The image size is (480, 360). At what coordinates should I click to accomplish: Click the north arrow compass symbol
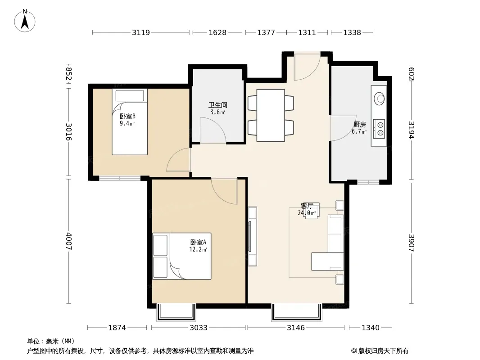(x=25, y=21)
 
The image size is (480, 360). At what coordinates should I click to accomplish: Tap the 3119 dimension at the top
(x=141, y=32)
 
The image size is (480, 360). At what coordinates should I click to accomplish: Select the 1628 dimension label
(x=217, y=32)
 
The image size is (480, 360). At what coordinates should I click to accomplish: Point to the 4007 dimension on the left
(x=69, y=241)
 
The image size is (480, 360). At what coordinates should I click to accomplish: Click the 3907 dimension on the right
(x=412, y=243)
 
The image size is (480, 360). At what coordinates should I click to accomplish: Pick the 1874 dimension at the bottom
(x=117, y=328)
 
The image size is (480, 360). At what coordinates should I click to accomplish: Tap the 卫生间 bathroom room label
(x=217, y=105)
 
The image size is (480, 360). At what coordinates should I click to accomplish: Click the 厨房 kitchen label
(x=360, y=125)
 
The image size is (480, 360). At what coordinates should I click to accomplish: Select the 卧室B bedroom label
(x=127, y=116)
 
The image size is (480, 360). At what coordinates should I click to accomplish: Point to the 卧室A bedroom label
(x=199, y=242)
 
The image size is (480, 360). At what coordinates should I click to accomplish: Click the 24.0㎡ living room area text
(x=307, y=213)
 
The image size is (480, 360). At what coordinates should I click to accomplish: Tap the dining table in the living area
(x=271, y=115)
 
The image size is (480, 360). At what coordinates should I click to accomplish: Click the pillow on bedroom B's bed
(x=130, y=95)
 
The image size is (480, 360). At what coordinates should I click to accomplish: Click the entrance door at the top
(x=307, y=66)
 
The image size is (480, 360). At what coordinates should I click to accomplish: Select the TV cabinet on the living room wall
(x=252, y=236)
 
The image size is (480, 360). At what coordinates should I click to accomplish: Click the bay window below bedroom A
(x=176, y=312)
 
